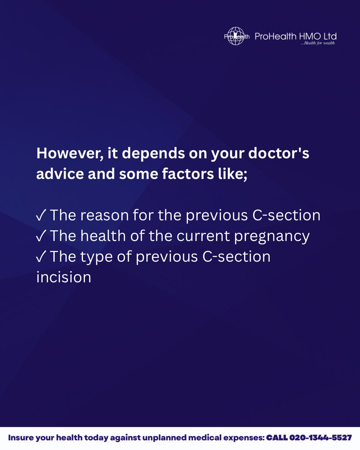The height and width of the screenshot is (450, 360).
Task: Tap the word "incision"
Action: pos(64,277)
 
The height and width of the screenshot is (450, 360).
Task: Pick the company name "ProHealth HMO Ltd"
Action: pos(295,36)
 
